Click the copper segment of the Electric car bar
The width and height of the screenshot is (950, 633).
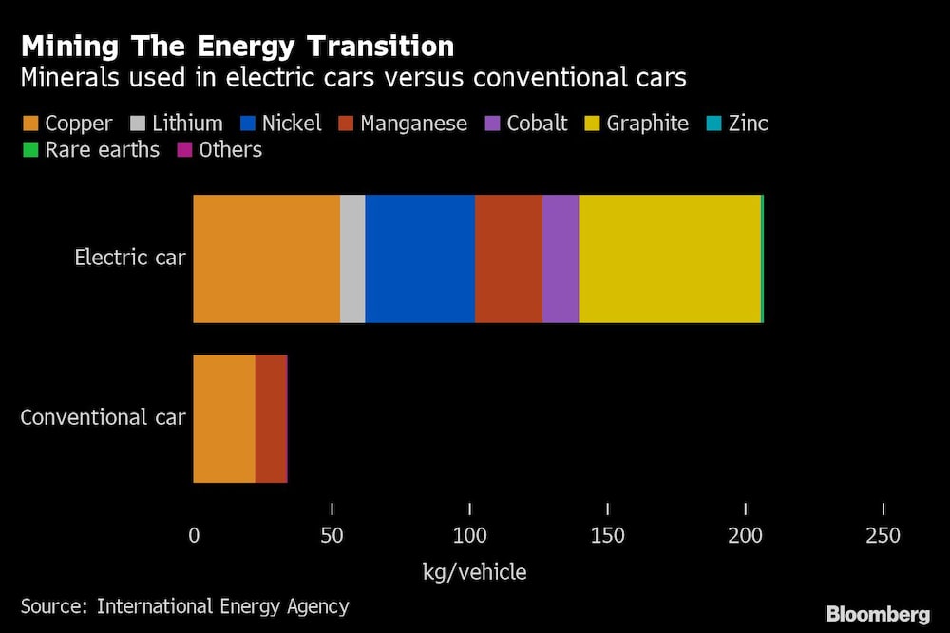pyautogui.click(x=266, y=259)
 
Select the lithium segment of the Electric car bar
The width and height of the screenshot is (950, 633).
pyautogui.click(x=352, y=259)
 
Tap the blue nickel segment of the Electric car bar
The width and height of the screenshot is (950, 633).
pyautogui.click(x=420, y=259)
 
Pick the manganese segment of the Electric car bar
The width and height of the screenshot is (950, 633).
pyautogui.click(x=508, y=259)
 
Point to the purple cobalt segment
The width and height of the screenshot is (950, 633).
pyautogui.click(x=560, y=259)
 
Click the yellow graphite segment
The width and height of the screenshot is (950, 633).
pyautogui.click(x=670, y=259)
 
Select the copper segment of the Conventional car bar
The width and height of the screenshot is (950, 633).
pyautogui.click(x=224, y=418)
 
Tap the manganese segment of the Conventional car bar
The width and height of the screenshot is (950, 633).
pyautogui.click(x=271, y=418)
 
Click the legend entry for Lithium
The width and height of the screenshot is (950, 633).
pyautogui.click(x=177, y=124)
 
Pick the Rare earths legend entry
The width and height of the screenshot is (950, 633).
pyautogui.click(x=91, y=150)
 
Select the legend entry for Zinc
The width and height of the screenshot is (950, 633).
pyautogui.click(x=738, y=124)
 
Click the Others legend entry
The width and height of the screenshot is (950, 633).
pyautogui.click(x=220, y=150)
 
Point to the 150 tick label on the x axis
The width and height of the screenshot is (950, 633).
pyautogui.click(x=608, y=536)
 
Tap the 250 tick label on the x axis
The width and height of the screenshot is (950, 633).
pyautogui.click(x=883, y=536)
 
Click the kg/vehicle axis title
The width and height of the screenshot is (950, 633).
pyautogui.click(x=474, y=572)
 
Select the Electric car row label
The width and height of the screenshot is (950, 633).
pyautogui.click(x=130, y=258)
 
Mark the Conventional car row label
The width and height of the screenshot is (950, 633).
pyautogui.click(x=103, y=418)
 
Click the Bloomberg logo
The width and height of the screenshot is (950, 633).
pyautogui.click(x=878, y=614)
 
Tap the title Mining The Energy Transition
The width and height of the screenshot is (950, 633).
pyautogui.click(x=237, y=46)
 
